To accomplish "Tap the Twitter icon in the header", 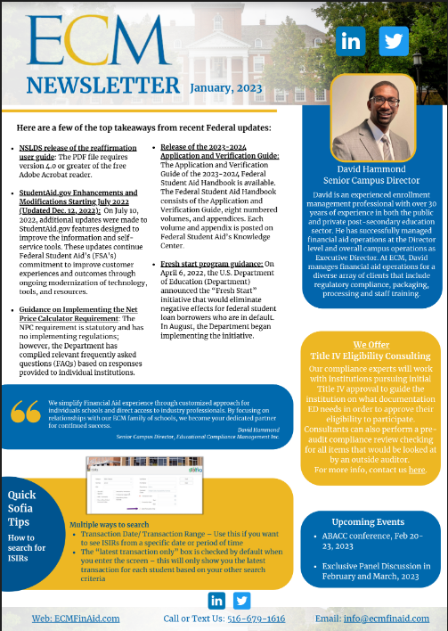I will [x=394, y=41].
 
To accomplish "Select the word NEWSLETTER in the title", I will [x=102, y=86].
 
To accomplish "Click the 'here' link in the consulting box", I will [x=417, y=469].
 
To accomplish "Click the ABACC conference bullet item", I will [x=373, y=540].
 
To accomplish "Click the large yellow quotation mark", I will [x=26, y=413].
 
